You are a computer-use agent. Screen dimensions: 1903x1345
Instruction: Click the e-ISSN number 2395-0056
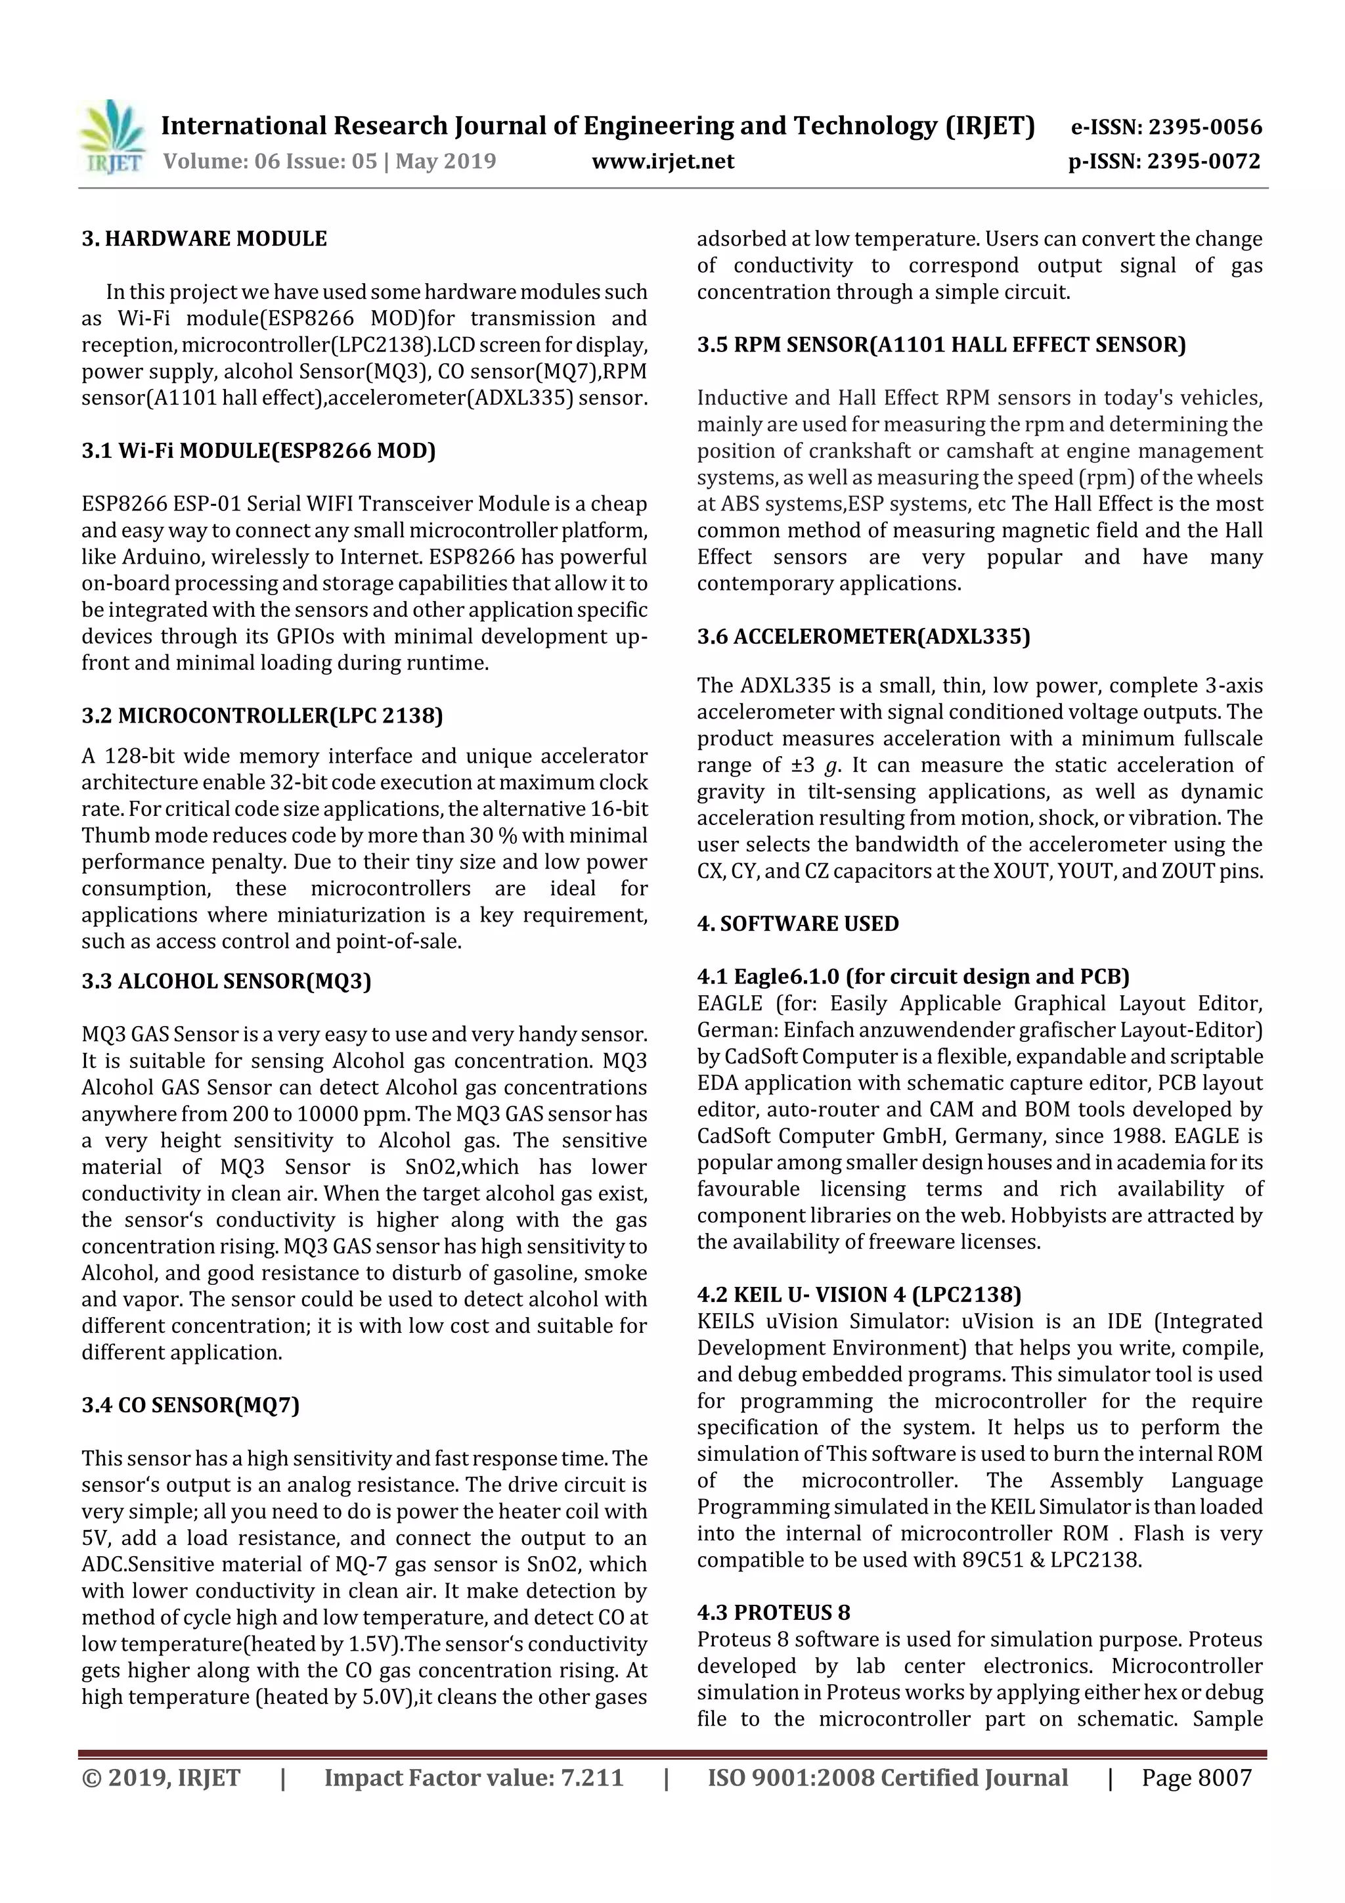pos(1204,127)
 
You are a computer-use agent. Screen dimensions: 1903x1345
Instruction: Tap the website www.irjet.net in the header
pos(662,161)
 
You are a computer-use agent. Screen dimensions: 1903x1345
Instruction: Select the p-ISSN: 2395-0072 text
pos(1164,161)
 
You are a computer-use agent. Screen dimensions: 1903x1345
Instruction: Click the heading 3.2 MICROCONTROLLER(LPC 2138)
pos(262,715)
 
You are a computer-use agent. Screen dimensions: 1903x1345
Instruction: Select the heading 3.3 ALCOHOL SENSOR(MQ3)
pos(226,981)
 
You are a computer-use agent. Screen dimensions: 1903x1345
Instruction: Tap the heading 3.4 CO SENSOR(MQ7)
pos(190,1405)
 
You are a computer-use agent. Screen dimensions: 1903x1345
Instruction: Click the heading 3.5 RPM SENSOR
pos(940,345)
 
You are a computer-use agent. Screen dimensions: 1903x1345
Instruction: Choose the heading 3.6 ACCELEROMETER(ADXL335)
pos(863,637)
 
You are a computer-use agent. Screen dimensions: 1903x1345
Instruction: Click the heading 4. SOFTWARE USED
pos(797,924)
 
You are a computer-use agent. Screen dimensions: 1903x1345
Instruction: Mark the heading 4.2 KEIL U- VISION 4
pos(858,1295)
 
